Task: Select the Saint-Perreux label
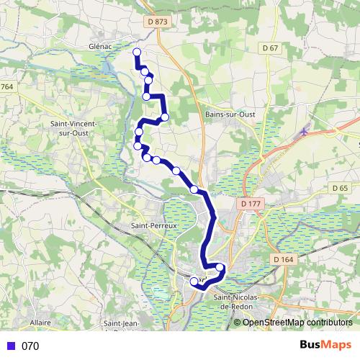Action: tap(153, 225)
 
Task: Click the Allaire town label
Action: tap(40, 323)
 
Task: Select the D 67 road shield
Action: tap(270, 48)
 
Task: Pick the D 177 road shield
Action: tap(250, 204)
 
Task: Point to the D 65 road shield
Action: tap(340, 187)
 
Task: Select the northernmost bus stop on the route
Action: tap(136, 51)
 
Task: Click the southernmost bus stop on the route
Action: tap(194, 282)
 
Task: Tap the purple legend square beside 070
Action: tap(10, 346)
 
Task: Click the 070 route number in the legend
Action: tap(30, 346)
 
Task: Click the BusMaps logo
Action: tap(325, 345)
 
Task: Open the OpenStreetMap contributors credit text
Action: tap(297, 322)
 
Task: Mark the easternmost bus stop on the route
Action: tap(220, 268)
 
